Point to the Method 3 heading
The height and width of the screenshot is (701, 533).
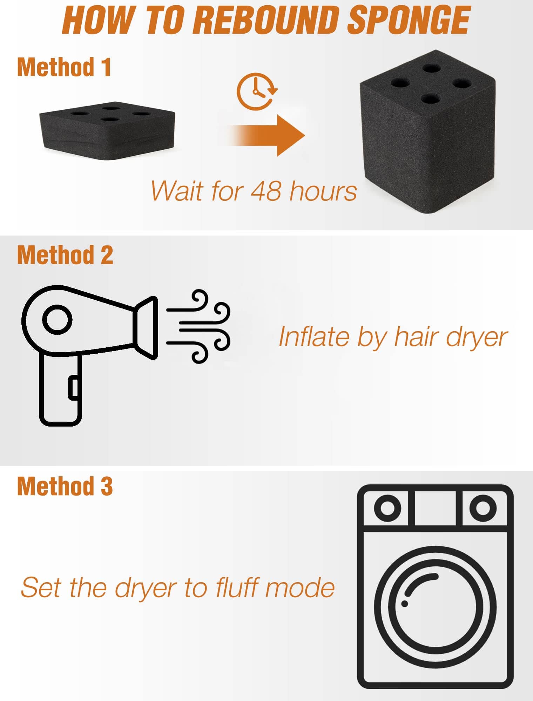click(65, 486)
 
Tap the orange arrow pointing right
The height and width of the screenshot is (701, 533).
click(261, 135)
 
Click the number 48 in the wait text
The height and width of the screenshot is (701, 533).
click(266, 191)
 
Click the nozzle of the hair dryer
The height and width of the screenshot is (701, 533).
click(146, 328)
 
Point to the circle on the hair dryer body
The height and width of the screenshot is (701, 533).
click(57, 320)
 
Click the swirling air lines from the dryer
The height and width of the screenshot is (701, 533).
click(198, 326)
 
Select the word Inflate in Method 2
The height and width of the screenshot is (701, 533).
click(314, 337)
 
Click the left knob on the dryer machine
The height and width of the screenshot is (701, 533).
click(387, 508)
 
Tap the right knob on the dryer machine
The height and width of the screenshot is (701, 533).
click(483, 508)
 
